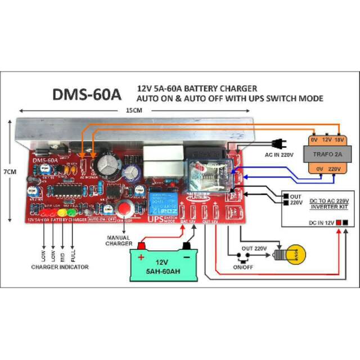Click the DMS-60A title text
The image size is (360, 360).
[x=87, y=94]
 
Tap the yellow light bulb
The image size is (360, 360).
[x=295, y=254]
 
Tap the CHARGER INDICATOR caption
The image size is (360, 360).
[x=59, y=267]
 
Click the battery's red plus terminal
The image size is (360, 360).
[x=142, y=246]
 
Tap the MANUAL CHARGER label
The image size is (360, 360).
[x=119, y=241]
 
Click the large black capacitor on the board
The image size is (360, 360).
[x=106, y=164]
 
